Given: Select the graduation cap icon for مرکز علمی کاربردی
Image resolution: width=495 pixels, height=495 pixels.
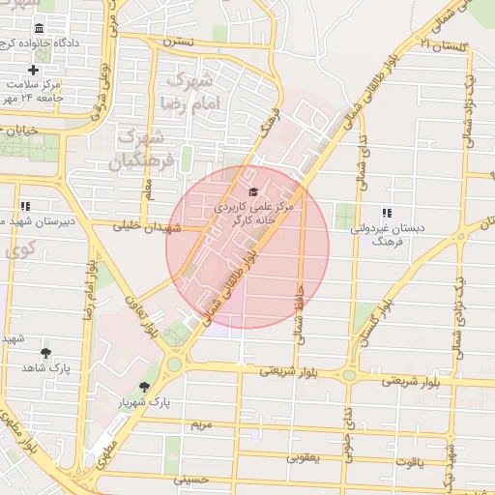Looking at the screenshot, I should coord(253,191).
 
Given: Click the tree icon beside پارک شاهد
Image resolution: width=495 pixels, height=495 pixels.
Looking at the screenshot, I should coord(45,354).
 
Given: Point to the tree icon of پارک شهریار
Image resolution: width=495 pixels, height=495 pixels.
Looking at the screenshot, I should coord(144,387).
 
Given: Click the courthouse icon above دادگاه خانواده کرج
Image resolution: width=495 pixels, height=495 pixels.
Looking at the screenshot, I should coord(39,29).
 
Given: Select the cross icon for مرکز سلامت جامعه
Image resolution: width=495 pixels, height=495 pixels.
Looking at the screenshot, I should coord(34,70).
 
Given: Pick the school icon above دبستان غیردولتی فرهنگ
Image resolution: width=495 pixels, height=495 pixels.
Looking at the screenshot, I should coord(387,212).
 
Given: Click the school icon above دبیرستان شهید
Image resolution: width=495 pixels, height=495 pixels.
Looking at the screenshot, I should coord(24,206).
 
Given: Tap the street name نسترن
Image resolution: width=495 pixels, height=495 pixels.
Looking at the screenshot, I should coord(178,42).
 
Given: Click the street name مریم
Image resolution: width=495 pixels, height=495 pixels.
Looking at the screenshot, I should coord(201,424).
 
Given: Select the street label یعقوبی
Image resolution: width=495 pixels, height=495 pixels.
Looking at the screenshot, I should coord(304,457).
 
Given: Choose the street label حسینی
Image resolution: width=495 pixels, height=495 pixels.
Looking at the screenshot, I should coord(189,480).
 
